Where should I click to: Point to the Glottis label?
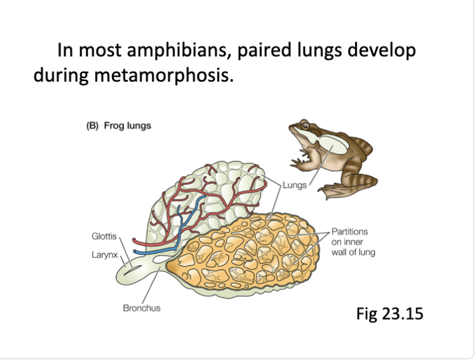104,237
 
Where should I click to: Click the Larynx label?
104,254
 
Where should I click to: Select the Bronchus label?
142,307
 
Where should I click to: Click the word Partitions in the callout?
350,231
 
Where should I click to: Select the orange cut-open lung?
254,257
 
